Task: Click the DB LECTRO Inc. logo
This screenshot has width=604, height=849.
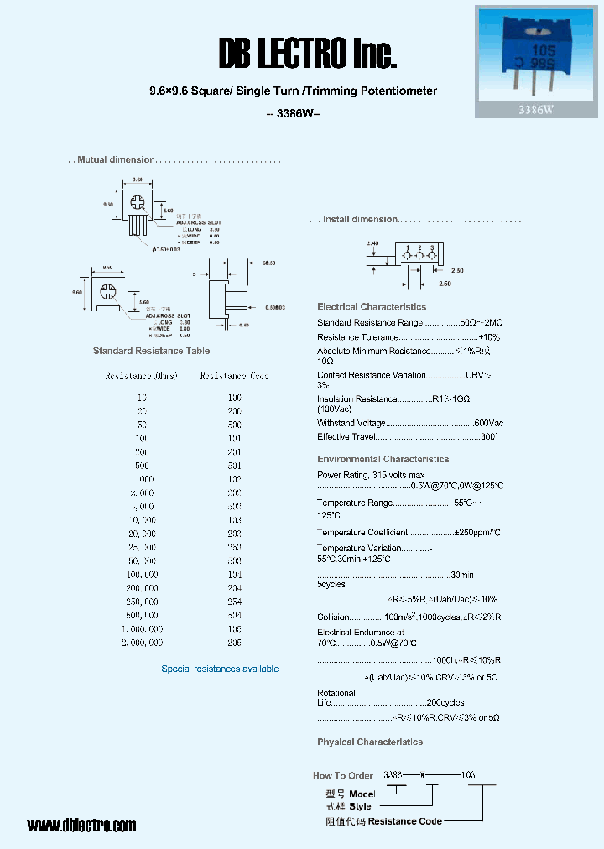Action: [306, 55]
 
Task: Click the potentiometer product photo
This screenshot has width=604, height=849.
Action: [536, 54]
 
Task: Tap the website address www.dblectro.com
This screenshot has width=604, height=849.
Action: [81, 826]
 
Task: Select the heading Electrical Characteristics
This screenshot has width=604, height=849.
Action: [372, 307]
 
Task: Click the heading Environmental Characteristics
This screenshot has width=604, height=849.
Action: [383, 459]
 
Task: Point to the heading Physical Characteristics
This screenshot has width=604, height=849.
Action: [370, 742]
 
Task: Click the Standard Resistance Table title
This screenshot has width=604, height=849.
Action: [151, 351]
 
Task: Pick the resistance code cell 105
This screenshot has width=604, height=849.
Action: [234, 628]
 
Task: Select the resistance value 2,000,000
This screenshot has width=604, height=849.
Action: [142, 642]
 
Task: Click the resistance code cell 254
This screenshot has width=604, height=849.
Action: [234, 602]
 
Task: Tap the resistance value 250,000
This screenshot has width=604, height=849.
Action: [142, 602]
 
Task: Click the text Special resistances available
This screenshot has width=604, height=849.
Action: [220, 669]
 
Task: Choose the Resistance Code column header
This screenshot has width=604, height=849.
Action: [234, 376]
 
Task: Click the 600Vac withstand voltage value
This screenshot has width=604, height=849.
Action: [489, 423]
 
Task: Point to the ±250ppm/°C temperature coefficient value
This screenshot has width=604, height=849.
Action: [477, 533]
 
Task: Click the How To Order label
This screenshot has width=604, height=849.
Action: [343, 776]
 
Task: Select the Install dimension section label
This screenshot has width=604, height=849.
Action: [361, 219]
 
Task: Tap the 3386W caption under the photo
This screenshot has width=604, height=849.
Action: [536, 109]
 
